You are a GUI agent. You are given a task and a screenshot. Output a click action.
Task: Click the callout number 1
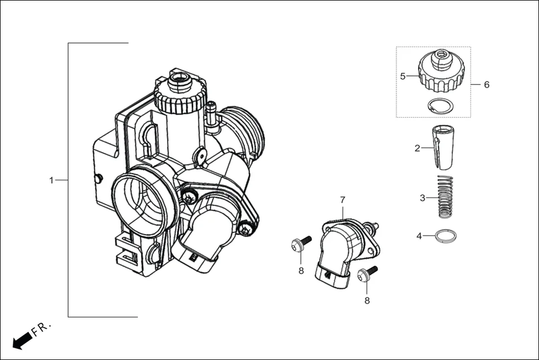click(51, 180)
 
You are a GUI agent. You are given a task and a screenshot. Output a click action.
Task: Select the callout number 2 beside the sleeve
click(417, 148)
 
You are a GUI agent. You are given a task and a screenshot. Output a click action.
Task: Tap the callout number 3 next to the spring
click(423, 198)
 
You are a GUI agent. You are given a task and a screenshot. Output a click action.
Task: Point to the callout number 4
click(419, 236)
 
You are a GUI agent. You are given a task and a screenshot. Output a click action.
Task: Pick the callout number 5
click(403, 76)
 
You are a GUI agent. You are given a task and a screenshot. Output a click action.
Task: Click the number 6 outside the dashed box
click(486, 85)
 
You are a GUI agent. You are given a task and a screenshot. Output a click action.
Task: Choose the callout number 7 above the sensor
click(343, 200)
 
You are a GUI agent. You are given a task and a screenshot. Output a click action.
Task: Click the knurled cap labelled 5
click(442, 71)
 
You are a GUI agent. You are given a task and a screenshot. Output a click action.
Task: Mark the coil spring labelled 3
click(445, 197)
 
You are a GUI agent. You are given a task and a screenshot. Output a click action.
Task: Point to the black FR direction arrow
click(22, 339)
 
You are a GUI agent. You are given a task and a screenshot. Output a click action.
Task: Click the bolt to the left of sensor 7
click(300, 243)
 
